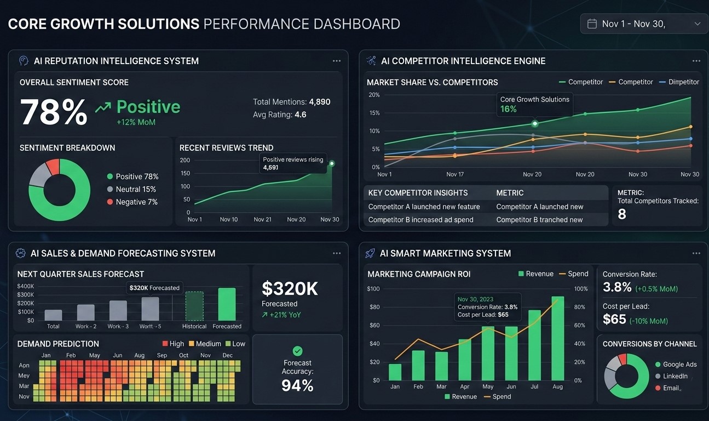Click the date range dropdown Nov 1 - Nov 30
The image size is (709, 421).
coord(643,24)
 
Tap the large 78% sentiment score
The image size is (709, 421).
coord(54,112)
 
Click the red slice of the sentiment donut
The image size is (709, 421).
coord(53,166)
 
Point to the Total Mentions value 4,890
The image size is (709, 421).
coord(319,101)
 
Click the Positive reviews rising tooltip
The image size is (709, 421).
coord(293,163)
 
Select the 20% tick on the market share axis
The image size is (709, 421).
coord(374,95)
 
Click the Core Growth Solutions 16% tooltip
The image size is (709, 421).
coord(534,104)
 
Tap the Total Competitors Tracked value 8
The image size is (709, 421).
coord(622,214)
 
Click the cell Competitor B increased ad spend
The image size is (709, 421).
coord(420,219)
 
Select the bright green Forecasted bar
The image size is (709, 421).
coord(227,304)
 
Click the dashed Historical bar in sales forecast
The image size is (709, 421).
coord(194,306)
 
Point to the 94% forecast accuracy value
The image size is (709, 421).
coord(297,385)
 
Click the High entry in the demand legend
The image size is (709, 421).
coord(173,344)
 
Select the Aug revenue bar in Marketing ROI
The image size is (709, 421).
coord(557,338)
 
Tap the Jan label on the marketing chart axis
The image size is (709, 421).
coord(395,386)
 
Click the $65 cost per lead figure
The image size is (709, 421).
coord(614,319)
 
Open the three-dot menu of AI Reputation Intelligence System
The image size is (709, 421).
coord(337,61)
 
